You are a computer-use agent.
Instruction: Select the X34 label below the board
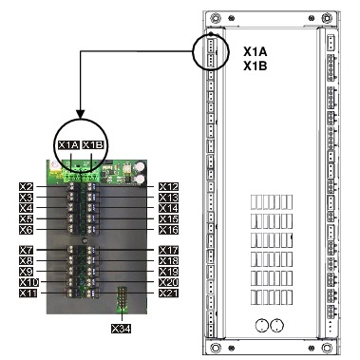click(121, 329)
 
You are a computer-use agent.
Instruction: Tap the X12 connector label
click(168, 187)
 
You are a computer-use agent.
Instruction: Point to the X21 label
click(168, 293)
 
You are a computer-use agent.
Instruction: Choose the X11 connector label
click(28, 293)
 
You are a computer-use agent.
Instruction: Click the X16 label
click(168, 230)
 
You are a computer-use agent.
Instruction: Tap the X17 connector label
click(168, 250)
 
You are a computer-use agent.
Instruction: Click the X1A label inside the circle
click(68, 145)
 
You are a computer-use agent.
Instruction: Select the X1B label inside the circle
click(93, 145)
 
